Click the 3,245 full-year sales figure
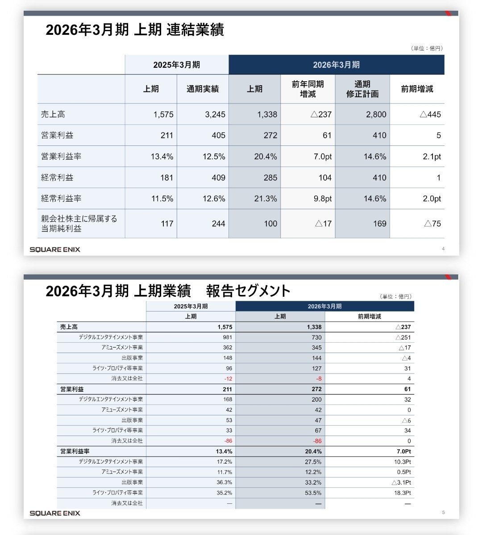pos(215,115)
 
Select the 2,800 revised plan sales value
pos(376,115)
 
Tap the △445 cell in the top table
pos(430,115)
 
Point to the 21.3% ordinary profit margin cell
pos(266,199)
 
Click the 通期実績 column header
pos(203,89)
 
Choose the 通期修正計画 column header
pos(362,89)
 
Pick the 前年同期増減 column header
pos(308,89)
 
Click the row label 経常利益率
pos(61,199)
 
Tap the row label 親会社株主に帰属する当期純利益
pos(79,224)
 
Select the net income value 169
pos(379,224)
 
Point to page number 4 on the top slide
pos(443,249)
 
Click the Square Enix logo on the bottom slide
pos(55,513)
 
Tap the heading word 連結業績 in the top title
pos(195,30)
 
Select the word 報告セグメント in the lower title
pos(248,291)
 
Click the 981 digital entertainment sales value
pos(228,337)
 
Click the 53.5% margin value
pos(313,493)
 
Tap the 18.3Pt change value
pos(401,493)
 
